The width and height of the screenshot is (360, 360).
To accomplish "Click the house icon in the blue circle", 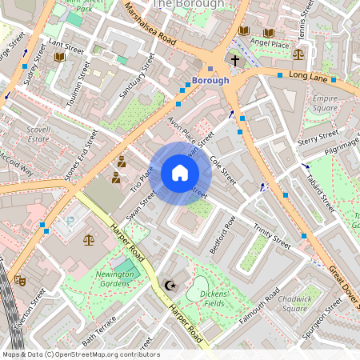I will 180,173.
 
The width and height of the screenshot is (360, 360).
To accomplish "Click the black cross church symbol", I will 235,60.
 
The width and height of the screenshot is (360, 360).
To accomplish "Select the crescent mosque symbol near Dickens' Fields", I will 169,285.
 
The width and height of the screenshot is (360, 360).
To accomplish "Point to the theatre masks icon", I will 20,281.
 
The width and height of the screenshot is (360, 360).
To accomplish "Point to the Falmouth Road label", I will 258,308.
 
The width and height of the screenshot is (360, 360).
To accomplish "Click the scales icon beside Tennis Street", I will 298,54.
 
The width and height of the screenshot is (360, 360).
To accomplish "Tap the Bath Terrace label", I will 99,328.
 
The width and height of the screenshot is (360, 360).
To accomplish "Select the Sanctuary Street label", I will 137,76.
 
